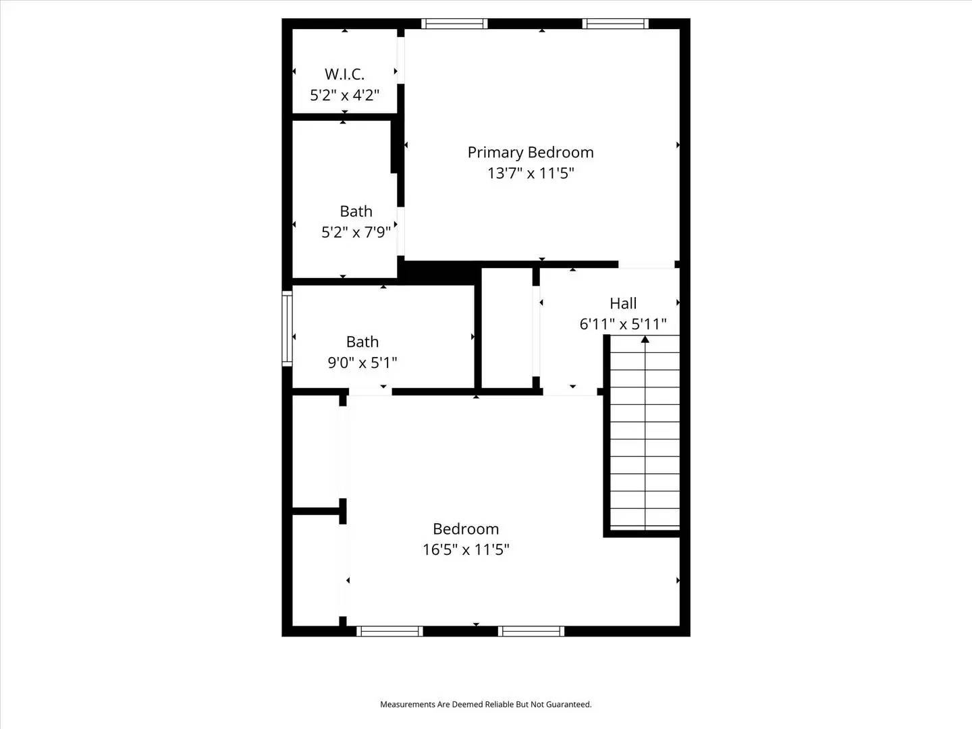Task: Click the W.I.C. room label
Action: (x=344, y=74)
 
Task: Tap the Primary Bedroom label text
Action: (x=531, y=153)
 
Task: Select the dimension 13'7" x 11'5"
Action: (x=531, y=173)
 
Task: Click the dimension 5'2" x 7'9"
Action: (x=356, y=232)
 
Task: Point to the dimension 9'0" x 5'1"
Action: (x=362, y=362)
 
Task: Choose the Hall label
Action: (x=623, y=304)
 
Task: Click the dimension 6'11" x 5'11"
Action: (x=623, y=324)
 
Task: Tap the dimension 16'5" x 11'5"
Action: (x=466, y=549)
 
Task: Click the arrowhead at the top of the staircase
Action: (x=645, y=339)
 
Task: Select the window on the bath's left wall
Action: (x=287, y=328)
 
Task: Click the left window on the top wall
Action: (x=454, y=24)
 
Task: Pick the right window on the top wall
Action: (x=615, y=24)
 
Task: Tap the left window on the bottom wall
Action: (x=389, y=631)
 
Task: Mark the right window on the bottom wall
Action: (x=531, y=631)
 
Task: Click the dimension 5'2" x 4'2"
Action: (x=344, y=95)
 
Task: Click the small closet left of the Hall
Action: (x=506, y=328)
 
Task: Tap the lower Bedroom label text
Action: (x=466, y=529)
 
